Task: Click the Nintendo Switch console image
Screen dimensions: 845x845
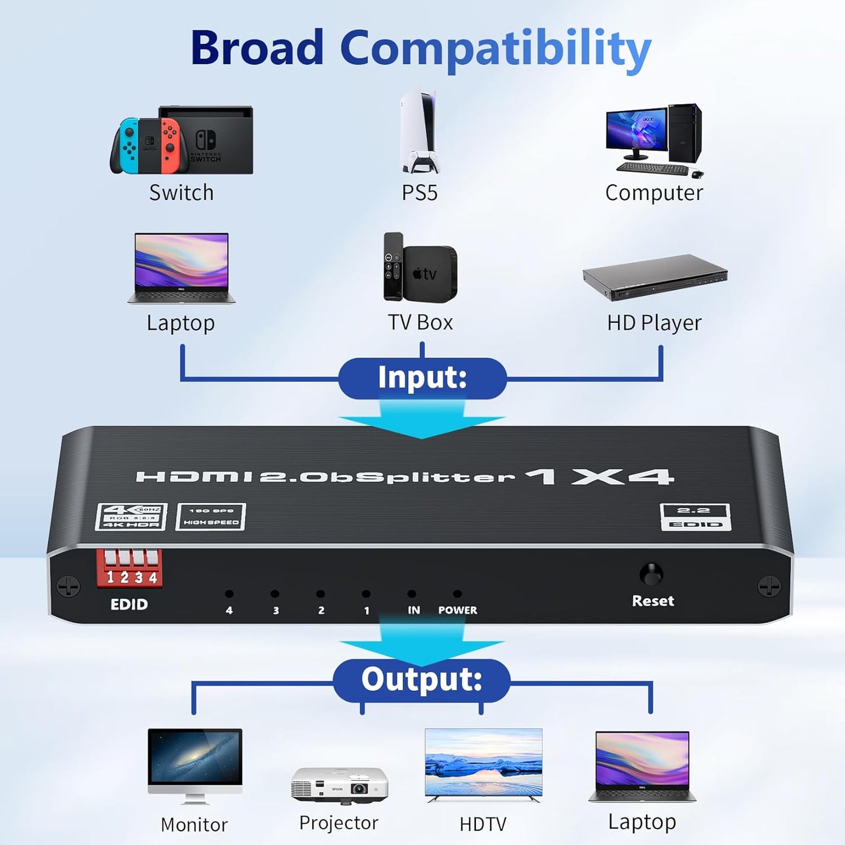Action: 181,140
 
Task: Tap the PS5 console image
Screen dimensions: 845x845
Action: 419,132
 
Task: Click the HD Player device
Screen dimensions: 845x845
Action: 654,277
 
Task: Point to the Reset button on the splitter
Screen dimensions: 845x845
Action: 651,574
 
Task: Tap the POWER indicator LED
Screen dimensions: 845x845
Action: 457,594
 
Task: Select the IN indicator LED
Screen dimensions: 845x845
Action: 412,594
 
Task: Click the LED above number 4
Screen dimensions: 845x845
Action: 229,594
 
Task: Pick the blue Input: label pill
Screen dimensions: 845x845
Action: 422,378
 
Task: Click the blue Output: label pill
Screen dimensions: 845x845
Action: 422,680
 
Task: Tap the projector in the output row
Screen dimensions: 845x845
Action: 339,785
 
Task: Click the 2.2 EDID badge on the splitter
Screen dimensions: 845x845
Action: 695,517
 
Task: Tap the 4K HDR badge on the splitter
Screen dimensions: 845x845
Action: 132,517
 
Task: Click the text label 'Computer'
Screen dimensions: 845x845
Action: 654,193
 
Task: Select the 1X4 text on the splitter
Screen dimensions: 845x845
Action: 599,477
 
